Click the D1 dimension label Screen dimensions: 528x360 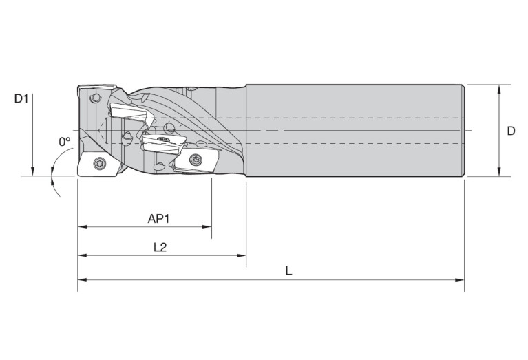[x=21, y=98]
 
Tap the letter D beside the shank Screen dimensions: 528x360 [x=511, y=131]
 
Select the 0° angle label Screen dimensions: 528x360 [x=65, y=142]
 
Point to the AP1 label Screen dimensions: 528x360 [x=158, y=219]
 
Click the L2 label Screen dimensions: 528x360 [x=160, y=248]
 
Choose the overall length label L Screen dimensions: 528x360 [x=288, y=271]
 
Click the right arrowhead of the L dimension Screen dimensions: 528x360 [x=460, y=279]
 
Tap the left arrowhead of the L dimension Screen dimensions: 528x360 [x=82, y=279]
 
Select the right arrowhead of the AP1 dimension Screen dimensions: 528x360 [x=207, y=226]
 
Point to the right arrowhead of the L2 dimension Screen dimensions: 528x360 [x=242, y=255]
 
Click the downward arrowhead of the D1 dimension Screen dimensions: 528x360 [x=32, y=171]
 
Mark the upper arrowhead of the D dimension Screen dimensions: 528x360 [x=499, y=89]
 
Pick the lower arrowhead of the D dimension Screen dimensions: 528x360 [x=499, y=171]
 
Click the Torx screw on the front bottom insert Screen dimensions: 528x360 [x=100, y=163]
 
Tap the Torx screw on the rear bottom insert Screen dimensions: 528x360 [x=196, y=159]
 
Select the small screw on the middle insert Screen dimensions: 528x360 [x=164, y=139]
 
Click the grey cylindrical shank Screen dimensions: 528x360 [x=355, y=131]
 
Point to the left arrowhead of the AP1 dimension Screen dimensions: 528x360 [x=82, y=226]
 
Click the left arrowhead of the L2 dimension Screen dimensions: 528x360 [x=82, y=255]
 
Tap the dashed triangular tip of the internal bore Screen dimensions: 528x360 [x=101, y=131]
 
